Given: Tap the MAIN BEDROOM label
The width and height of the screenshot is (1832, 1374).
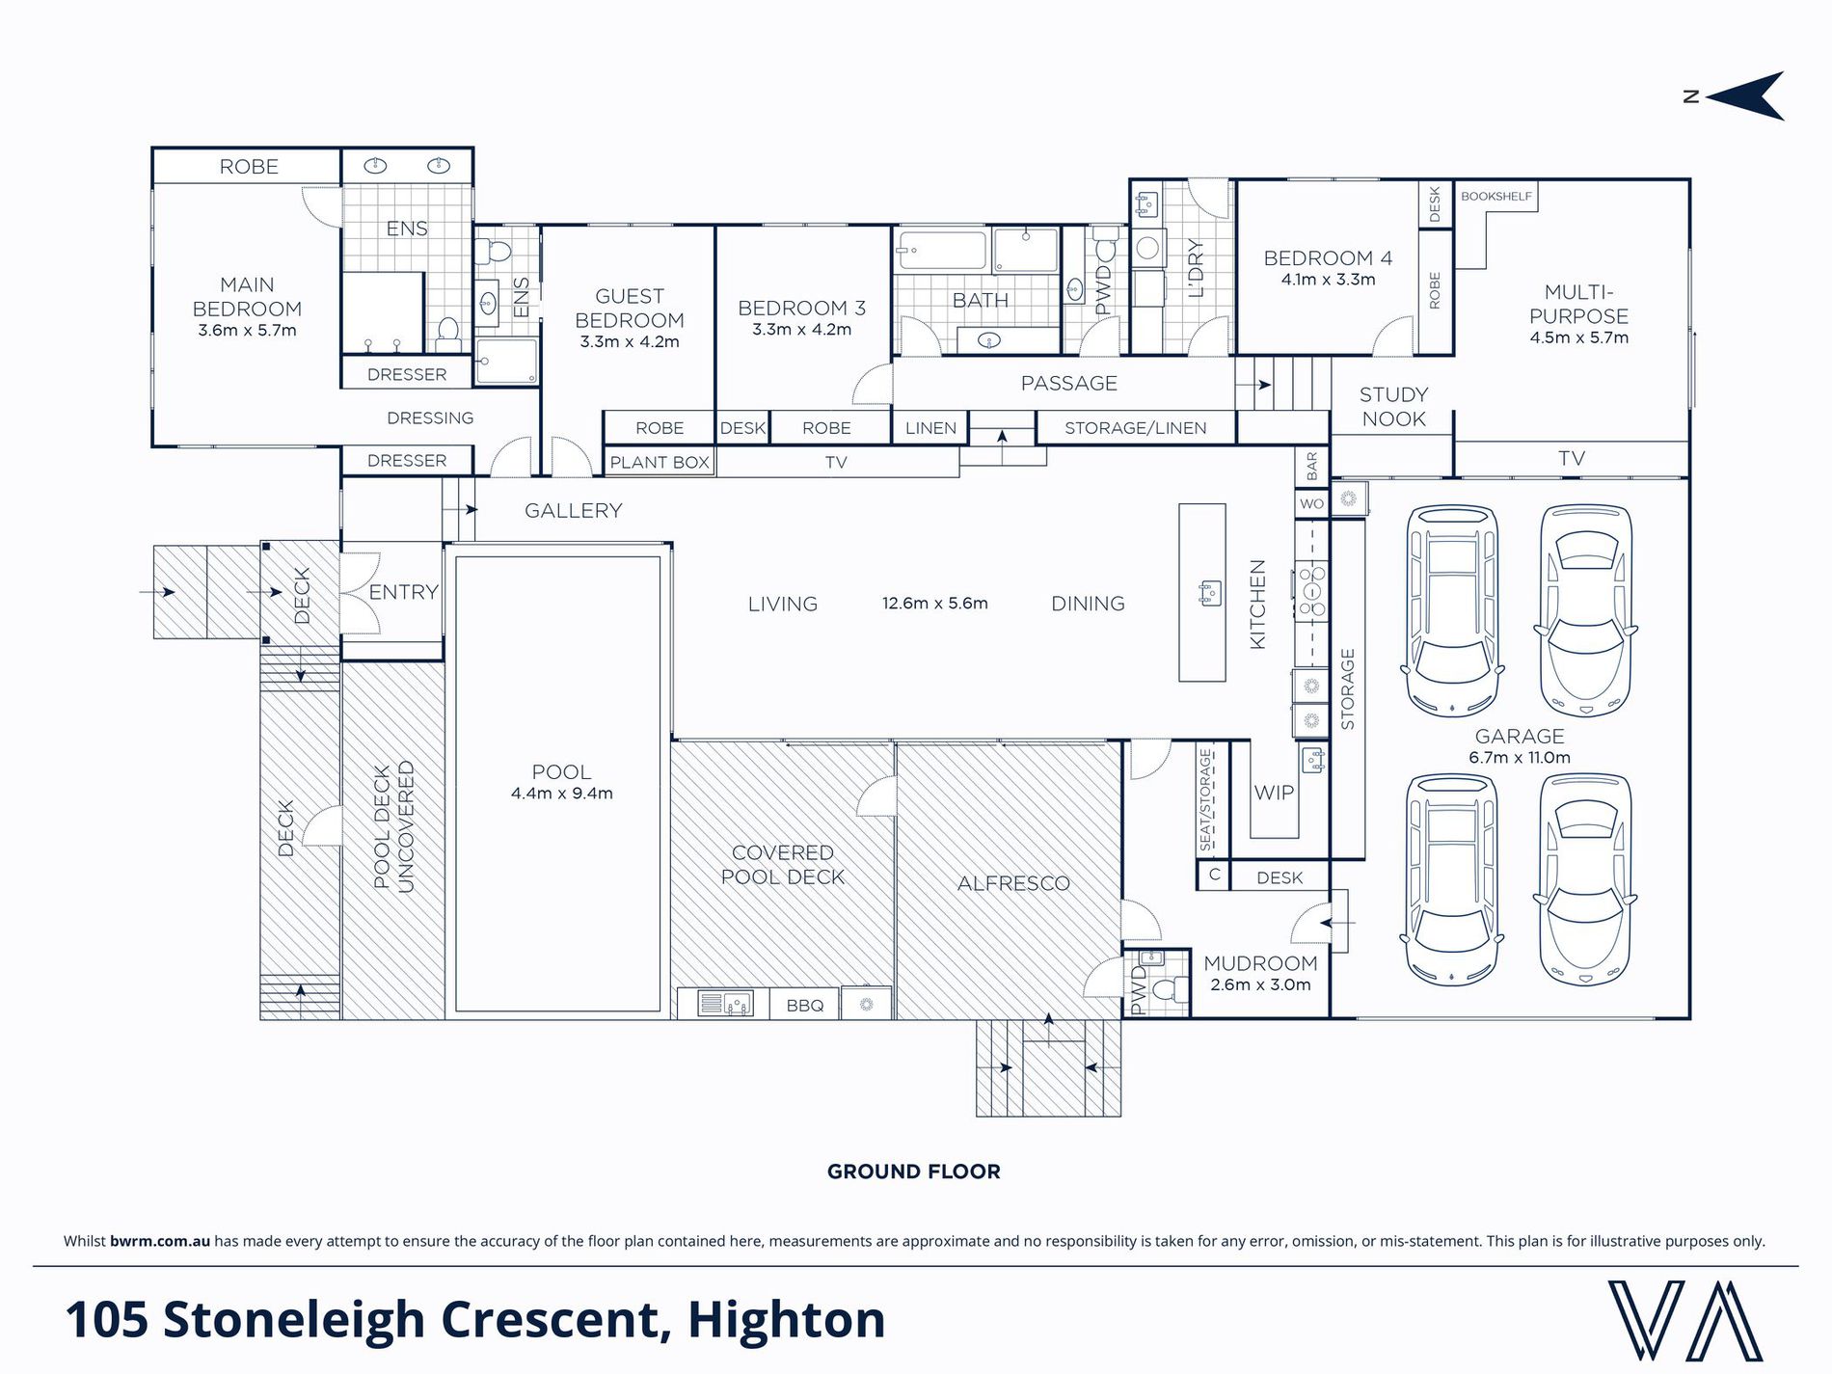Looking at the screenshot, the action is [247, 297].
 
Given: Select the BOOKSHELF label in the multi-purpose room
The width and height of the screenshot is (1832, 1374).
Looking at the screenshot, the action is [1495, 196].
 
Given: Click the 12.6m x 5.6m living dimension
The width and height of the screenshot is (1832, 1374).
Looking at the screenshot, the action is [934, 604].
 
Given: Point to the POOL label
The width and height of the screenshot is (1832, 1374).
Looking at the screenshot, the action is [561, 772].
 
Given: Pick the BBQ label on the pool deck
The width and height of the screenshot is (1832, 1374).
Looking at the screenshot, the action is [805, 1006].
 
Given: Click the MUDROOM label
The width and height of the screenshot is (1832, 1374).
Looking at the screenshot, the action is [1260, 963].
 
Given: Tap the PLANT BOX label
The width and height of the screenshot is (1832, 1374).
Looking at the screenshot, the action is [660, 463].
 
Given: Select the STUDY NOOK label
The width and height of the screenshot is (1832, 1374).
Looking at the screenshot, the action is [1393, 407].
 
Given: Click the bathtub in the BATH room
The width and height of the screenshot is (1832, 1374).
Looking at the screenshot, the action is [941, 251].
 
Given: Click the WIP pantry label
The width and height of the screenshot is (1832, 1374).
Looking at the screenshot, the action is [1274, 793].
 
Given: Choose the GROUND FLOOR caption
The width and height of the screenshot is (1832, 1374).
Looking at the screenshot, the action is [914, 1172].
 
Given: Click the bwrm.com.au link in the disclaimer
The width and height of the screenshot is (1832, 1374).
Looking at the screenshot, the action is [160, 1241].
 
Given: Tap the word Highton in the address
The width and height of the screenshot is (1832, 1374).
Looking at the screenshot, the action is [786, 1320].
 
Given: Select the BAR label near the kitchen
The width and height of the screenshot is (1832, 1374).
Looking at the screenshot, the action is [1311, 468].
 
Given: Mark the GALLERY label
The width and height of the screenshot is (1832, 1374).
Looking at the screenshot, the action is [573, 511].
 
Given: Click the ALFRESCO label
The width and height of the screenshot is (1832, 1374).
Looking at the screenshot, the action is [1013, 883].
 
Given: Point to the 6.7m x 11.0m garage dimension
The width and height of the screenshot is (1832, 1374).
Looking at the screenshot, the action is [1520, 758].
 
